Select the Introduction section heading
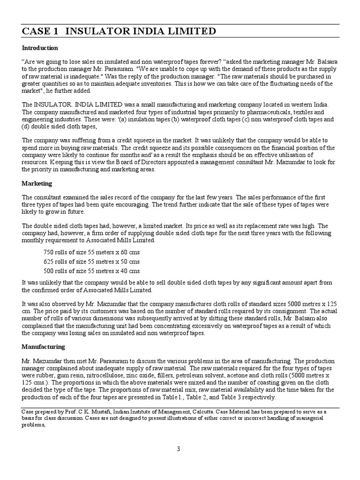tap(40, 48)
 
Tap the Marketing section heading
tap(37, 184)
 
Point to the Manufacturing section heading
tap(43, 347)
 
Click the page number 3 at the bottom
tap(178, 449)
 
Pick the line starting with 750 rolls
tap(91, 253)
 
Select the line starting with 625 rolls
tap(91, 262)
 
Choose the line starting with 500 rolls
tap(91, 271)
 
